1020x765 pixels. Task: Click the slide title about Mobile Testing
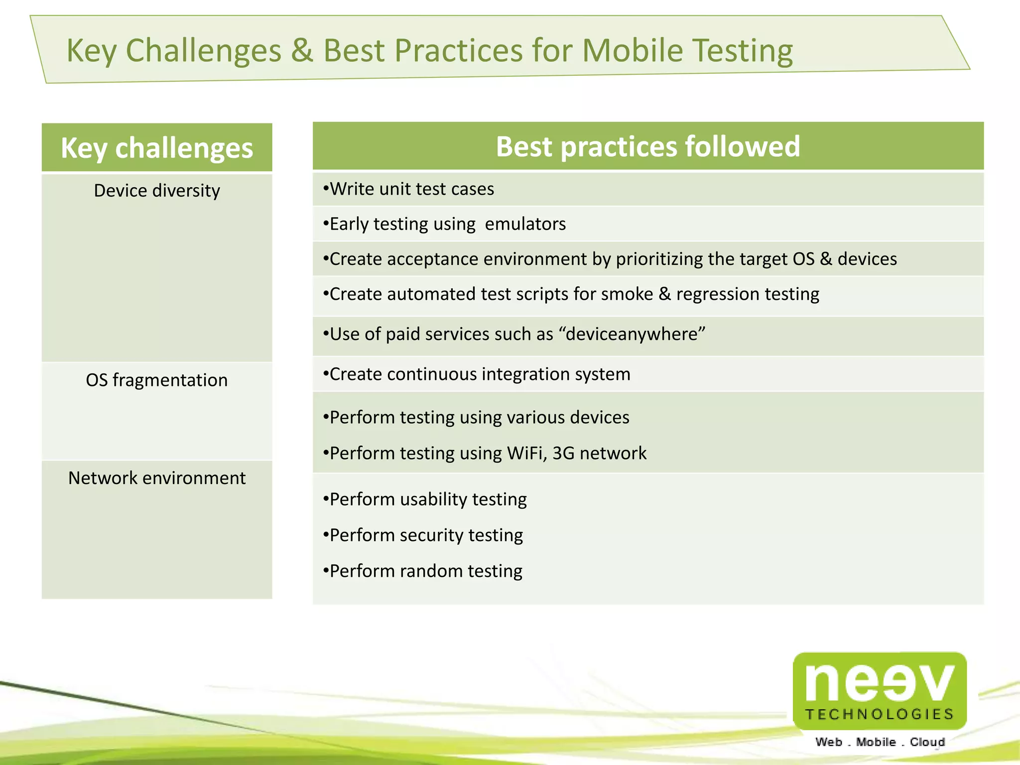[x=429, y=51]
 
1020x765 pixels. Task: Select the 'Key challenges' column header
[x=157, y=148]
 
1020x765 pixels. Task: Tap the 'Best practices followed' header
[x=647, y=146]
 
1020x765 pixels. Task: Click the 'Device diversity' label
[x=157, y=191]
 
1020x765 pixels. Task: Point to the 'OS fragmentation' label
[x=157, y=380]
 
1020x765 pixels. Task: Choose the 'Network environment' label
[x=157, y=478]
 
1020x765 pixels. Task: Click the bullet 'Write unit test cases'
[x=408, y=189]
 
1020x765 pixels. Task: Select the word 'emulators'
[x=525, y=224]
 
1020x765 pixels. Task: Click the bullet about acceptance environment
[x=610, y=259]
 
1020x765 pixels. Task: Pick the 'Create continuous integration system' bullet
[x=477, y=374]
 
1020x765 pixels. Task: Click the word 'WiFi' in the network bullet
[x=525, y=453]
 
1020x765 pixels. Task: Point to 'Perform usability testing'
[x=425, y=499]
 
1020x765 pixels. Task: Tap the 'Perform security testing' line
[x=423, y=535]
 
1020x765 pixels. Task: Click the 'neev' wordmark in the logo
[x=879, y=682]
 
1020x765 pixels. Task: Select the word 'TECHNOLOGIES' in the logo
[x=879, y=714]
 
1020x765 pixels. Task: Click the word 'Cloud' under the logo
[x=927, y=742]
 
